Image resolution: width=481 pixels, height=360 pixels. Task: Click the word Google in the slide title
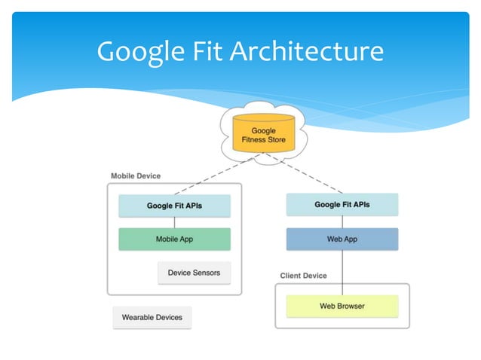tap(140, 51)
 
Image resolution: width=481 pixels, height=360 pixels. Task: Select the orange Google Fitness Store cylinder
tap(263, 135)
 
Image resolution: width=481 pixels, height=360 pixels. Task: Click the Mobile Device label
tap(136, 175)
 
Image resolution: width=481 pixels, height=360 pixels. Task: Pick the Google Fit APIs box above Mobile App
tap(174, 205)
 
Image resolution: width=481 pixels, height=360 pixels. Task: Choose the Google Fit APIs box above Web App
tap(342, 204)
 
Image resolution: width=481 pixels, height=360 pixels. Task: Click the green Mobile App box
tap(174, 239)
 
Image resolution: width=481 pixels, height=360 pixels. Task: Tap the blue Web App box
tap(342, 239)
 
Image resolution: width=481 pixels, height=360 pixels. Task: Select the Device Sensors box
tap(194, 273)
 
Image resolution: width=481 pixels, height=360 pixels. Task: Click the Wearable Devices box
tap(152, 317)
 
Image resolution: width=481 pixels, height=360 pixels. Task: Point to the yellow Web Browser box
tap(342, 306)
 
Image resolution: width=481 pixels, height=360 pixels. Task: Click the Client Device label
tap(304, 276)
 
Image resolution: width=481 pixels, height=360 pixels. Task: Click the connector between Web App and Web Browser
tap(342, 272)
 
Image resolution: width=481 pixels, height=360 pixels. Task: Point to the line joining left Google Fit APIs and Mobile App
tap(175, 222)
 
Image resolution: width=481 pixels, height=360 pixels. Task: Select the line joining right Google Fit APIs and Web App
tap(342, 221)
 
